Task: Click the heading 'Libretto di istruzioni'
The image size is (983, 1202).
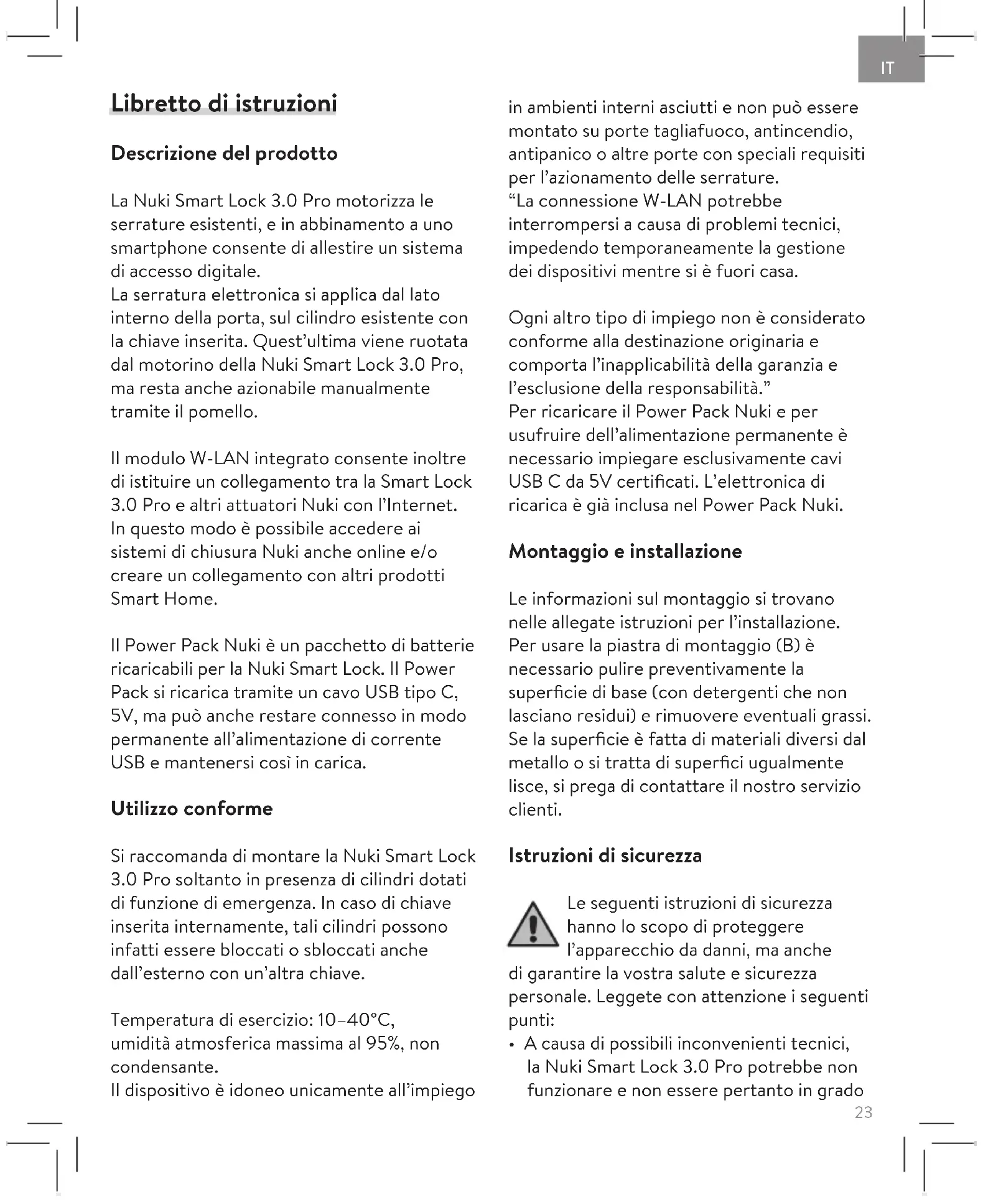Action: coord(223,103)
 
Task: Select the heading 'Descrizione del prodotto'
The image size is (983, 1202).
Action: coord(224,154)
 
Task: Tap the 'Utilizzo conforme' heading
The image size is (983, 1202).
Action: coord(192,809)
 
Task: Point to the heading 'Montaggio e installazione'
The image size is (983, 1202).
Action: coord(625,552)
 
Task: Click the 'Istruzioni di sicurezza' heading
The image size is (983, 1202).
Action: coord(605,856)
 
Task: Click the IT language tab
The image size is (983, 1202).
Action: coord(888,67)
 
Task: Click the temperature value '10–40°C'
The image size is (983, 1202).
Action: coord(355,1020)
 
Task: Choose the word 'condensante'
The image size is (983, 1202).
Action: coord(164,1067)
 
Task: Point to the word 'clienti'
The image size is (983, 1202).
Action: coord(534,810)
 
